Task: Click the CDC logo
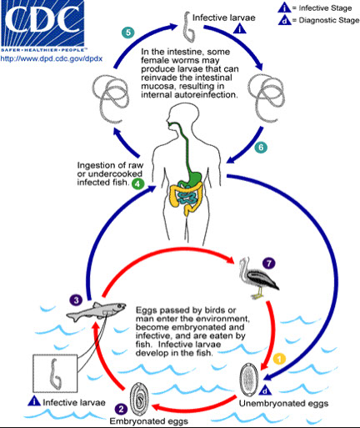42,26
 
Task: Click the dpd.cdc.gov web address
52,59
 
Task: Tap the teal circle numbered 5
128,33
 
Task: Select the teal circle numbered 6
261,147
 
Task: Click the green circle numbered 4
138,184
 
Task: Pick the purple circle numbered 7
268,263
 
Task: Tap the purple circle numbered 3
76,300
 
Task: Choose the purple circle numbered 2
121,409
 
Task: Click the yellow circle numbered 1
279,359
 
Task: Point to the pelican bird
257,278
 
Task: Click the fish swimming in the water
96,311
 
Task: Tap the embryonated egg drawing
139,400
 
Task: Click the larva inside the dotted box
55,375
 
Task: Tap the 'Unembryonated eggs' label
283,403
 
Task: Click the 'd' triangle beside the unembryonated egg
265,390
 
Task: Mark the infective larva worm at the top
188,27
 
